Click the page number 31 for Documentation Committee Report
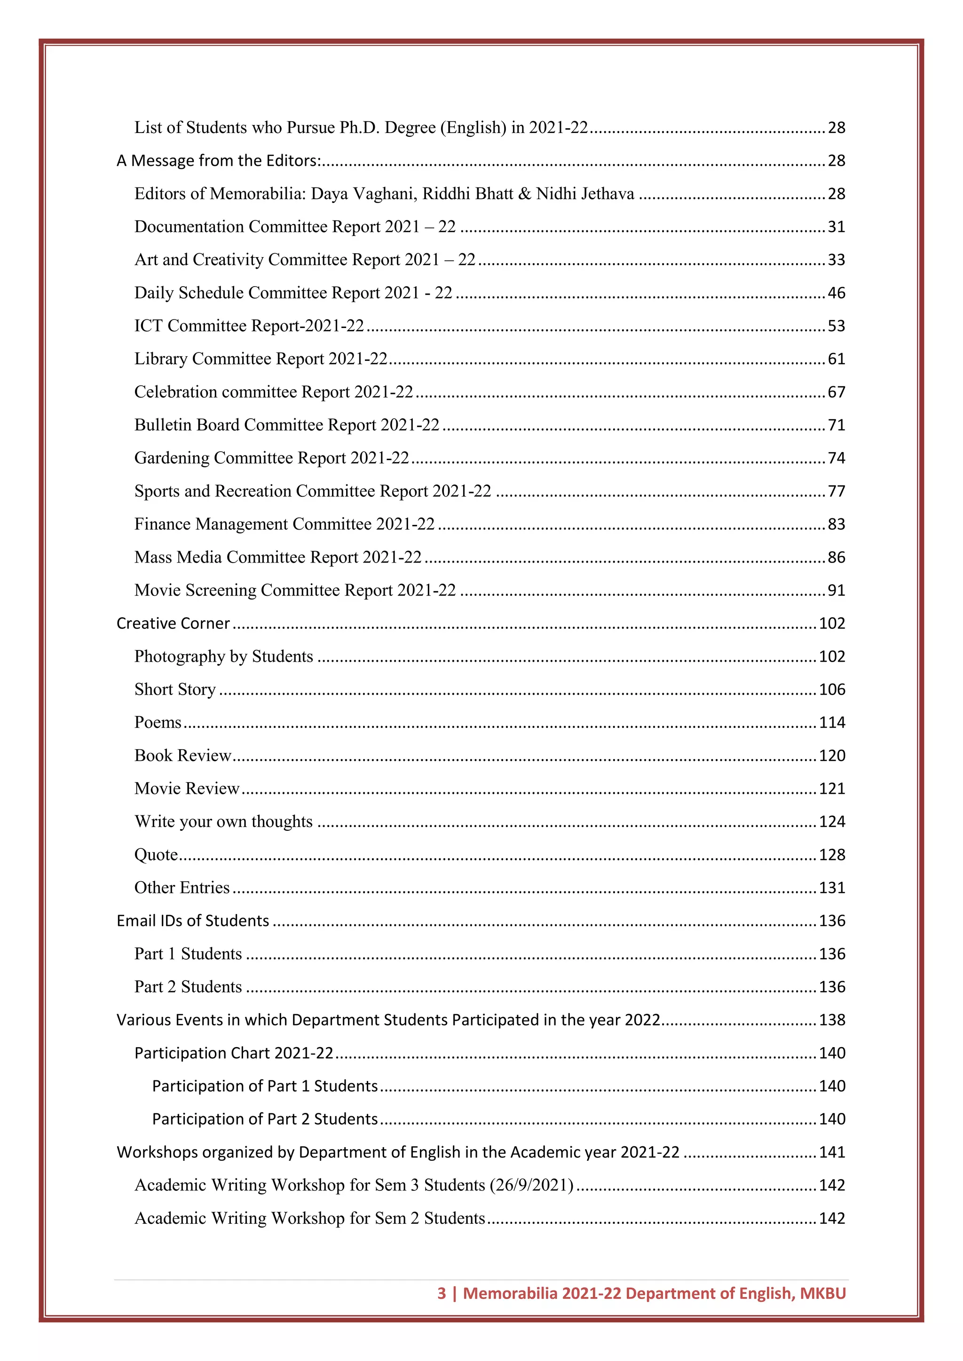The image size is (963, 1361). [x=836, y=227]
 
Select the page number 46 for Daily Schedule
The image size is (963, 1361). [x=836, y=293]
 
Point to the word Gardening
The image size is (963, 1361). [x=172, y=458]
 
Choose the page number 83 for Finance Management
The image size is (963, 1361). [x=836, y=524]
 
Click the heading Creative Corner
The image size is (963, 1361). [x=173, y=624]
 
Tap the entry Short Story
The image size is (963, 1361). [x=175, y=689]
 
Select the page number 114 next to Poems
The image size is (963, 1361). [x=832, y=723]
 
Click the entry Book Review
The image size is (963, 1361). [x=182, y=756]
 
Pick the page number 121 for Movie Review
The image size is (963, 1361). [x=832, y=789]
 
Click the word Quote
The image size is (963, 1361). [x=156, y=855]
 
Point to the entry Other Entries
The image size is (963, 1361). [x=182, y=888]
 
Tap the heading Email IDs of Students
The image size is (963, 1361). [x=193, y=921]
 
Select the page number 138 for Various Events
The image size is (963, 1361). [x=832, y=1020]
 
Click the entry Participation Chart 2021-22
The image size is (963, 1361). [x=234, y=1053]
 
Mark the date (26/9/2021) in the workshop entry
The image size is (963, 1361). [x=531, y=1186]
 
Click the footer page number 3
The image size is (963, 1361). [x=441, y=1293]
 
